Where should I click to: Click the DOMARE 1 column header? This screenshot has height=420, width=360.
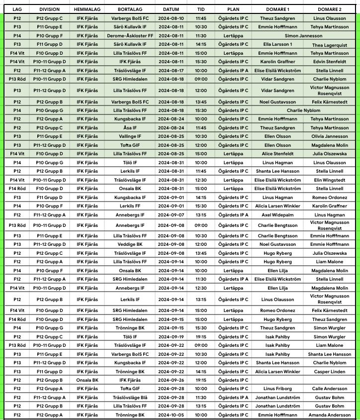[277, 9]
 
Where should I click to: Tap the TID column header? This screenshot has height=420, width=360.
[200, 9]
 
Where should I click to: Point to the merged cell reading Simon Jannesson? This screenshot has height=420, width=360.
[303, 36]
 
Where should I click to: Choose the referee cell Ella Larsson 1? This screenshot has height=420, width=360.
[277, 44]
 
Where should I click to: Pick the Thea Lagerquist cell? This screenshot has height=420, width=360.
[329, 45]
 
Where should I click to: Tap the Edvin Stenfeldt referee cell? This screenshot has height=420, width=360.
[329, 62]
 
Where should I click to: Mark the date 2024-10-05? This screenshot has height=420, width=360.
[171, 415]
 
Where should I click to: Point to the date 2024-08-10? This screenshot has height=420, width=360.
[171, 18]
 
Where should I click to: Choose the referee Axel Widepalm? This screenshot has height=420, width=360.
[277, 214]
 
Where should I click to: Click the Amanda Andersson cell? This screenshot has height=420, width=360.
[329, 415]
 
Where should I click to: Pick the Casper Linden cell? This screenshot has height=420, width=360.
[329, 371]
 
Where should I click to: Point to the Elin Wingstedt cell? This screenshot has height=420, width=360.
[329, 180]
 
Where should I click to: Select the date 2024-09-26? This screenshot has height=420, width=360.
[171, 380]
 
